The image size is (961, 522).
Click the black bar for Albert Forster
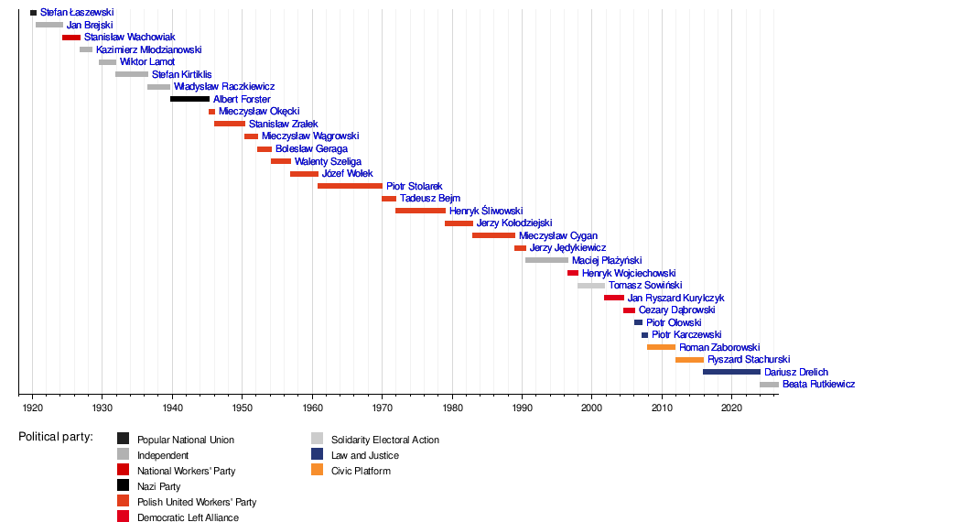click(190, 99)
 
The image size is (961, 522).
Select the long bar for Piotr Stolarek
click(350, 186)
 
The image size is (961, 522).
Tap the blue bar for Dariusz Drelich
click(732, 372)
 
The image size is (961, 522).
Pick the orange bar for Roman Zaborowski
click(662, 347)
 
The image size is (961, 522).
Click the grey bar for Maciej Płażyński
click(546, 260)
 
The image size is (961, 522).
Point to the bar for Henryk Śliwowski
click(420, 211)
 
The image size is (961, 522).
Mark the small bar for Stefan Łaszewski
click(34, 12)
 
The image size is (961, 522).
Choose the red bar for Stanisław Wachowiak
click(71, 38)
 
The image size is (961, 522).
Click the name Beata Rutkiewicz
click(819, 384)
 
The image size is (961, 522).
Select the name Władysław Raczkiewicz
click(224, 86)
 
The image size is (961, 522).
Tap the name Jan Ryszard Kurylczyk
click(676, 298)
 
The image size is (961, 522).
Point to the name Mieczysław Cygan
click(558, 235)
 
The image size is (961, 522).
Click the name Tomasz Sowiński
click(645, 285)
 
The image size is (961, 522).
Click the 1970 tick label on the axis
click(382, 408)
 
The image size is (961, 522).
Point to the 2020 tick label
click(731, 408)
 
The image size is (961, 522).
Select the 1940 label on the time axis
click(172, 408)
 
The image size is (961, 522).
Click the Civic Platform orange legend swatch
click(317, 470)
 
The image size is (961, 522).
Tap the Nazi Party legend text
click(158, 486)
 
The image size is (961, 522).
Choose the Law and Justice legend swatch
click(317, 454)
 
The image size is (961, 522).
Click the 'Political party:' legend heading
click(56, 437)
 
